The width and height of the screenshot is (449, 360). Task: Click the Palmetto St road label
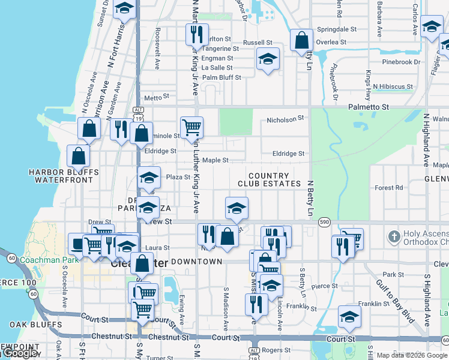[369, 106]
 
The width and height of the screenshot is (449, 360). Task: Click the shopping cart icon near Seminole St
[191, 127]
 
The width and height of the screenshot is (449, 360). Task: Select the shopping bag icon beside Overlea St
[301, 40]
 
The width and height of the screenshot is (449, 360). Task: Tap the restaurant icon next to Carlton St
[197, 35]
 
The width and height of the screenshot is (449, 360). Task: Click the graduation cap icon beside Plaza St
[149, 177]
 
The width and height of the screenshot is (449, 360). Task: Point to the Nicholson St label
[286, 119]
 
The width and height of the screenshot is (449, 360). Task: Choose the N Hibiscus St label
[393, 86]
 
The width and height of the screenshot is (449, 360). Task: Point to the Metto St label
[154, 98]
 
